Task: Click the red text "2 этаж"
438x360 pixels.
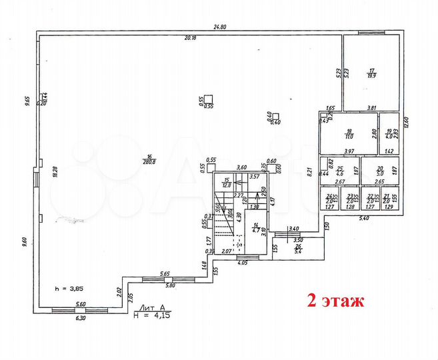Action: click(x=335, y=301)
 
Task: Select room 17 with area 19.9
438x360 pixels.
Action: click(x=373, y=73)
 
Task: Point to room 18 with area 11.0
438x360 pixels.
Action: click(x=348, y=133)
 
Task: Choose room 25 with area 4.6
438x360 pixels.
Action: click(x=339, y=171)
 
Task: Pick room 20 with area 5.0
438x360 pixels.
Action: click(x=381, y=171)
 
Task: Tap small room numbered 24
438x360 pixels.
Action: click(x=329, y=198)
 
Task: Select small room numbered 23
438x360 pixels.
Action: click(x=351, y=198)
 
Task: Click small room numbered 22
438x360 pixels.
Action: click(x=372, y=198)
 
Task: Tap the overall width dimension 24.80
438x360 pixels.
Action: click(x=219, y=27)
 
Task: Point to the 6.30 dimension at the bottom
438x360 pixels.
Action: click(x=81, y=318)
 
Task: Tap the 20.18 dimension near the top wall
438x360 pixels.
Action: click(x=190, y=38)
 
